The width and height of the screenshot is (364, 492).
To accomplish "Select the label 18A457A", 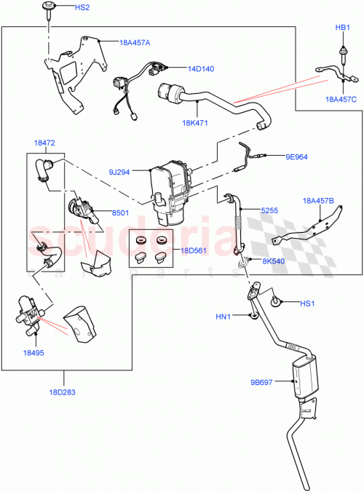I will point(135,42).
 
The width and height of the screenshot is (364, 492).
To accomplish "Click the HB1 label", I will point(342,27).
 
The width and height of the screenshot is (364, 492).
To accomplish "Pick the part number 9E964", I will point(297,156).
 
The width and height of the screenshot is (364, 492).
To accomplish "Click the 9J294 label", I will point(119,172).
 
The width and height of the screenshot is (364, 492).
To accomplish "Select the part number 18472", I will point(45,143).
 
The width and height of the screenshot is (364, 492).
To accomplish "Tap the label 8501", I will point(120,213).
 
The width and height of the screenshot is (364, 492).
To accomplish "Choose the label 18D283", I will point(62,392).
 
